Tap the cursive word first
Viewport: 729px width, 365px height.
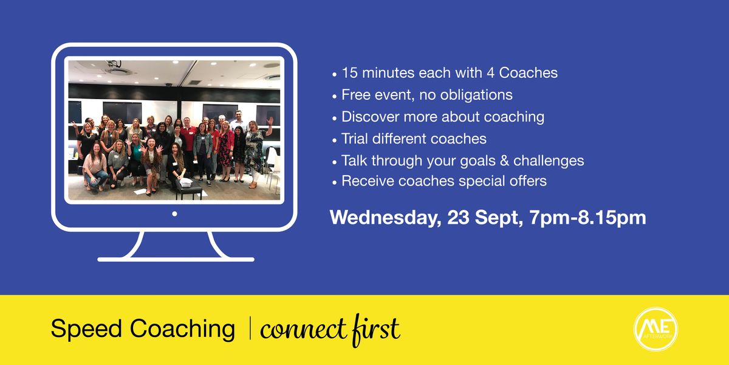click(377, 329)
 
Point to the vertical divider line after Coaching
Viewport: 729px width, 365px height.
click(250, 329)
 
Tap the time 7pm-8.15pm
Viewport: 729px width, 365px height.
click(588, 218)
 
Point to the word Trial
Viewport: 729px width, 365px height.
click(356, 139)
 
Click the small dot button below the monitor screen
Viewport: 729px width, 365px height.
click(174, 214)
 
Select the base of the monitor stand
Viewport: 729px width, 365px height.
click(176, 259)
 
